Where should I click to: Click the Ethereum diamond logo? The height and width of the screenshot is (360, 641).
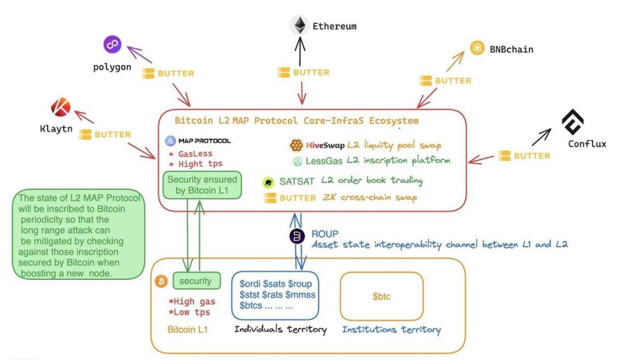click(x=300, y=25)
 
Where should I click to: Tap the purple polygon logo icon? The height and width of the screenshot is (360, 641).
click(x=112, y=44)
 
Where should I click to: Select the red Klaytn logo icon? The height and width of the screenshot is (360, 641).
click(x=60, y=107)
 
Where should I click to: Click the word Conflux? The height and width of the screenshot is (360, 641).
click(x=586, y=144)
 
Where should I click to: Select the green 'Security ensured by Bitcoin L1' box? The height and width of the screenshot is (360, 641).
click(x=202, y=185)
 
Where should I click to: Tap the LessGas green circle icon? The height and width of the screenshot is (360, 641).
click(x=297, y=161)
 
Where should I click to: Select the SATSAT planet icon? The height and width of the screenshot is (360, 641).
click(x=268, y=182)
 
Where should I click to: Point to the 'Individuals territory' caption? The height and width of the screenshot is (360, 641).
click(x=281, y=329)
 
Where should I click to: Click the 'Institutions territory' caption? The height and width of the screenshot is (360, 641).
click(x=391, y=330)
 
